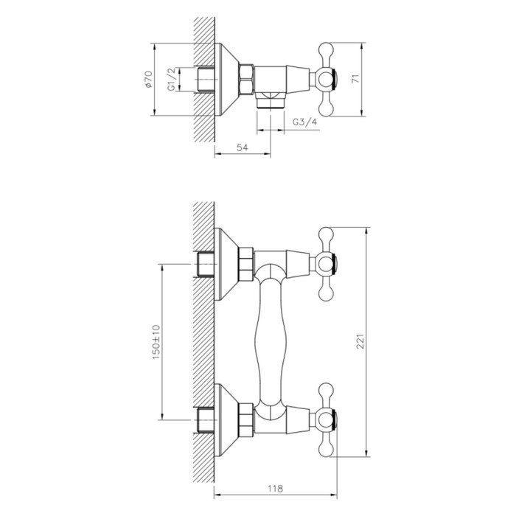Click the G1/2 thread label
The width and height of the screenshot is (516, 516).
171,79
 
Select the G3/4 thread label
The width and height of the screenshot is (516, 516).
304,122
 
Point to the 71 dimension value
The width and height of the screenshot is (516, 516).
374,79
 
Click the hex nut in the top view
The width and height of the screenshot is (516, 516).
245,77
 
